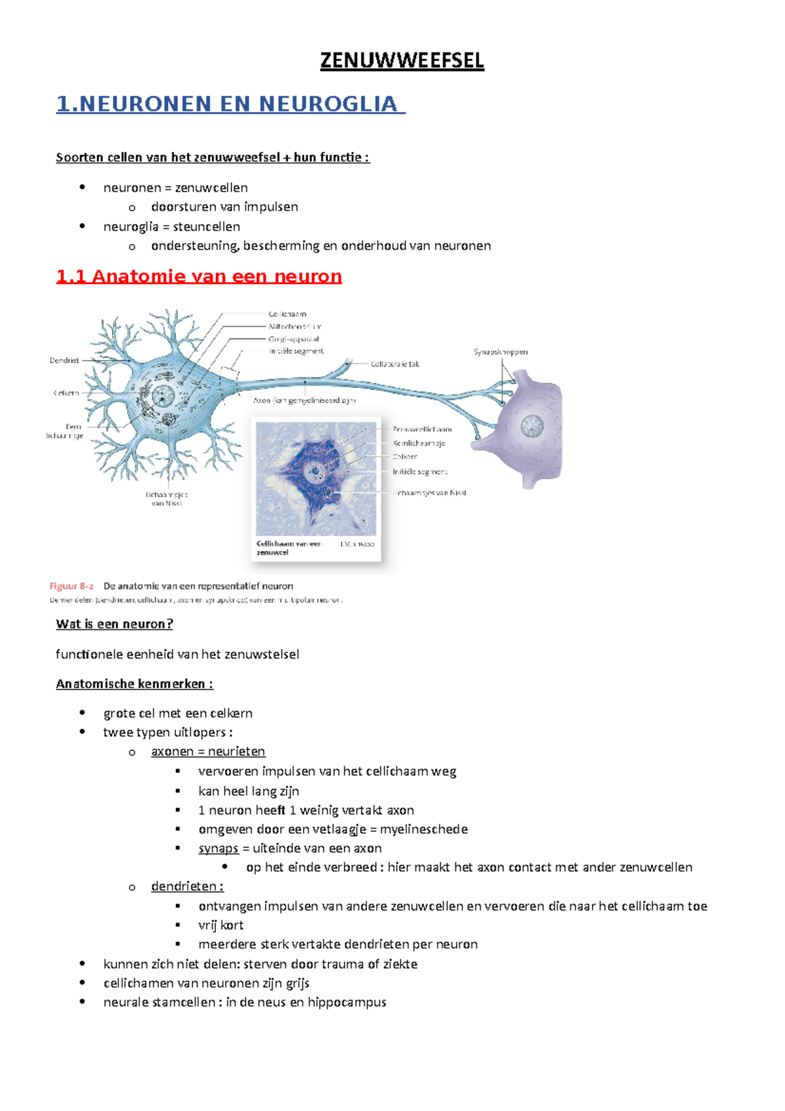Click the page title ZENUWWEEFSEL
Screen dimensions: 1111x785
click(x=402, y=61)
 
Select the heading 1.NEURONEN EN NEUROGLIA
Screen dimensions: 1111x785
click(x=230, y=104)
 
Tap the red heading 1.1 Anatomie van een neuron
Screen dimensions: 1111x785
click(x=199, y=276)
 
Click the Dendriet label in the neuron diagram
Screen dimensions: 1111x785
click(x=64, y=361)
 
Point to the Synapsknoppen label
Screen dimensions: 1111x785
click(x=500, y=352)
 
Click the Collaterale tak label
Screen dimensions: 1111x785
click(x=395, y=364)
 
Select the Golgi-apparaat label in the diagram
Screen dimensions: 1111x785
click(x=294, y=339)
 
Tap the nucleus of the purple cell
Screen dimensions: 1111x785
click(x=532, y=427)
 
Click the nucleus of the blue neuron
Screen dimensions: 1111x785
click(x=162, y=396)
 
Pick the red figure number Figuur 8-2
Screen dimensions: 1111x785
click(x=71, y=586)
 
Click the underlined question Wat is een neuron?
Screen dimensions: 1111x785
click(x=114, y=624)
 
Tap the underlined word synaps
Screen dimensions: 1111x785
click(x=218, y=849)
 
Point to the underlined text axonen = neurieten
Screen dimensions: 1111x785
click(x=208, y=752)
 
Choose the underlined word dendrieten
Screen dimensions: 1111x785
click(x=184, y=887)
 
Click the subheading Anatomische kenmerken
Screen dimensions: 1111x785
click(x=134, y=684)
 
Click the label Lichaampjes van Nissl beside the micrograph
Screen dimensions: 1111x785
click(x=430, y=493)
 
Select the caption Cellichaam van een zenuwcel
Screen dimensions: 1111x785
click(x=288, y=548)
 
